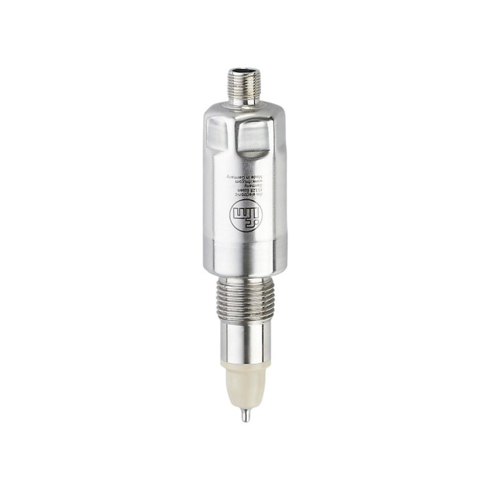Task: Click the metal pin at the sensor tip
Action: click(x=245, y=415)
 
